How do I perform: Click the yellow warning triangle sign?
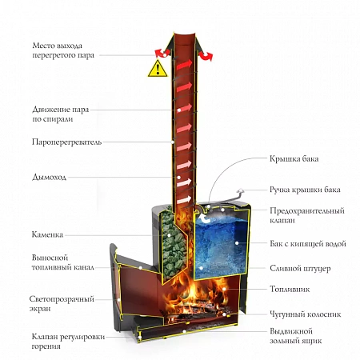pos(158,69)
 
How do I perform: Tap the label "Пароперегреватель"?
pos(66,142)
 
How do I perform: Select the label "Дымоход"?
pos(50,177)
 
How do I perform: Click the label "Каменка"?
pos(47,234)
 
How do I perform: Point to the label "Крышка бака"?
pos(294,158)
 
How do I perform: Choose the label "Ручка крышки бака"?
pos(305,190)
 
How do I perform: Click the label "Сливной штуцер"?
pos(300,268)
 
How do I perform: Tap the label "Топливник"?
pos(290,289)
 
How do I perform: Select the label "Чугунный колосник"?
pos(306,314)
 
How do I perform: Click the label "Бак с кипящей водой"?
pos(308,243)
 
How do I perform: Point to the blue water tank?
pos(221,247)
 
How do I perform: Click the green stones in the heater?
pos(174,242)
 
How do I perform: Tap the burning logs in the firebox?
pos(198,310)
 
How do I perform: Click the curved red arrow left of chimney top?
pos(160,53)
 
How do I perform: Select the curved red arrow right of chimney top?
pos(206,56)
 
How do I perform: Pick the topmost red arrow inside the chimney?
pos(184,65)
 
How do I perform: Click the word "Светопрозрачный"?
pos(62,299)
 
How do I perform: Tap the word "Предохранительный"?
pos(307,210)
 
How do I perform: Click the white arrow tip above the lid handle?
pos(241,190)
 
